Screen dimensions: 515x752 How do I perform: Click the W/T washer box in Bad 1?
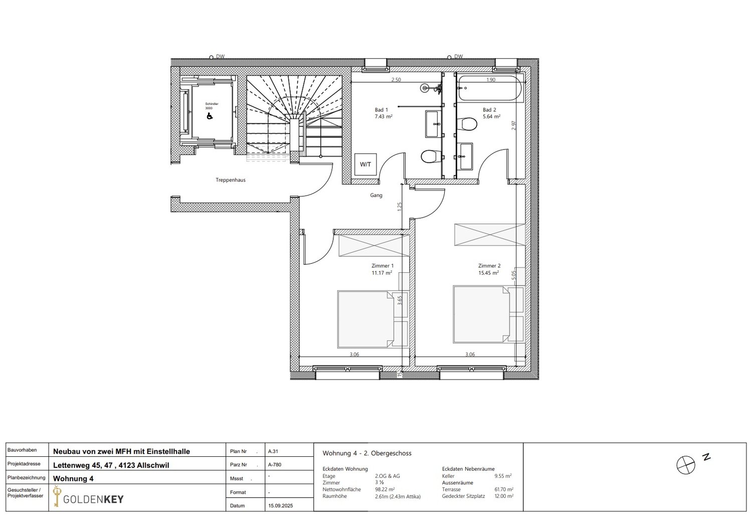(x=365, y=164)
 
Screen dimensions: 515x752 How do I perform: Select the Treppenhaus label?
(x=231, y=180)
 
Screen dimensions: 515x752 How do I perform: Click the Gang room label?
(x=376, y=195)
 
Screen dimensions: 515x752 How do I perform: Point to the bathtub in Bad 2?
(x=489, y=89)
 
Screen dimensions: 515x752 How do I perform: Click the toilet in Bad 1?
(x=429, y=157)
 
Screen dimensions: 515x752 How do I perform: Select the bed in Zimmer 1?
(x=365, y=319)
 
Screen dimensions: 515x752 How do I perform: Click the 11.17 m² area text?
(x=382, y=273)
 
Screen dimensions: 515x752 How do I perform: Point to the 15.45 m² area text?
(x=489, y=273)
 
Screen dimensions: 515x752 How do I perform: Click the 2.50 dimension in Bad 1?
(x=396, y=80)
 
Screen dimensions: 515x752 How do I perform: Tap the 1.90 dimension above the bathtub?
(x=491, y=80)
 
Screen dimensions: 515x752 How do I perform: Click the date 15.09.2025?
(x=278, y=505)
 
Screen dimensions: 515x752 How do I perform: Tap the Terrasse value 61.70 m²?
(x=503, y=489)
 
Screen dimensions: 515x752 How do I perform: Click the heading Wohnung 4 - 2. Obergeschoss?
(x=367, y=453)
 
